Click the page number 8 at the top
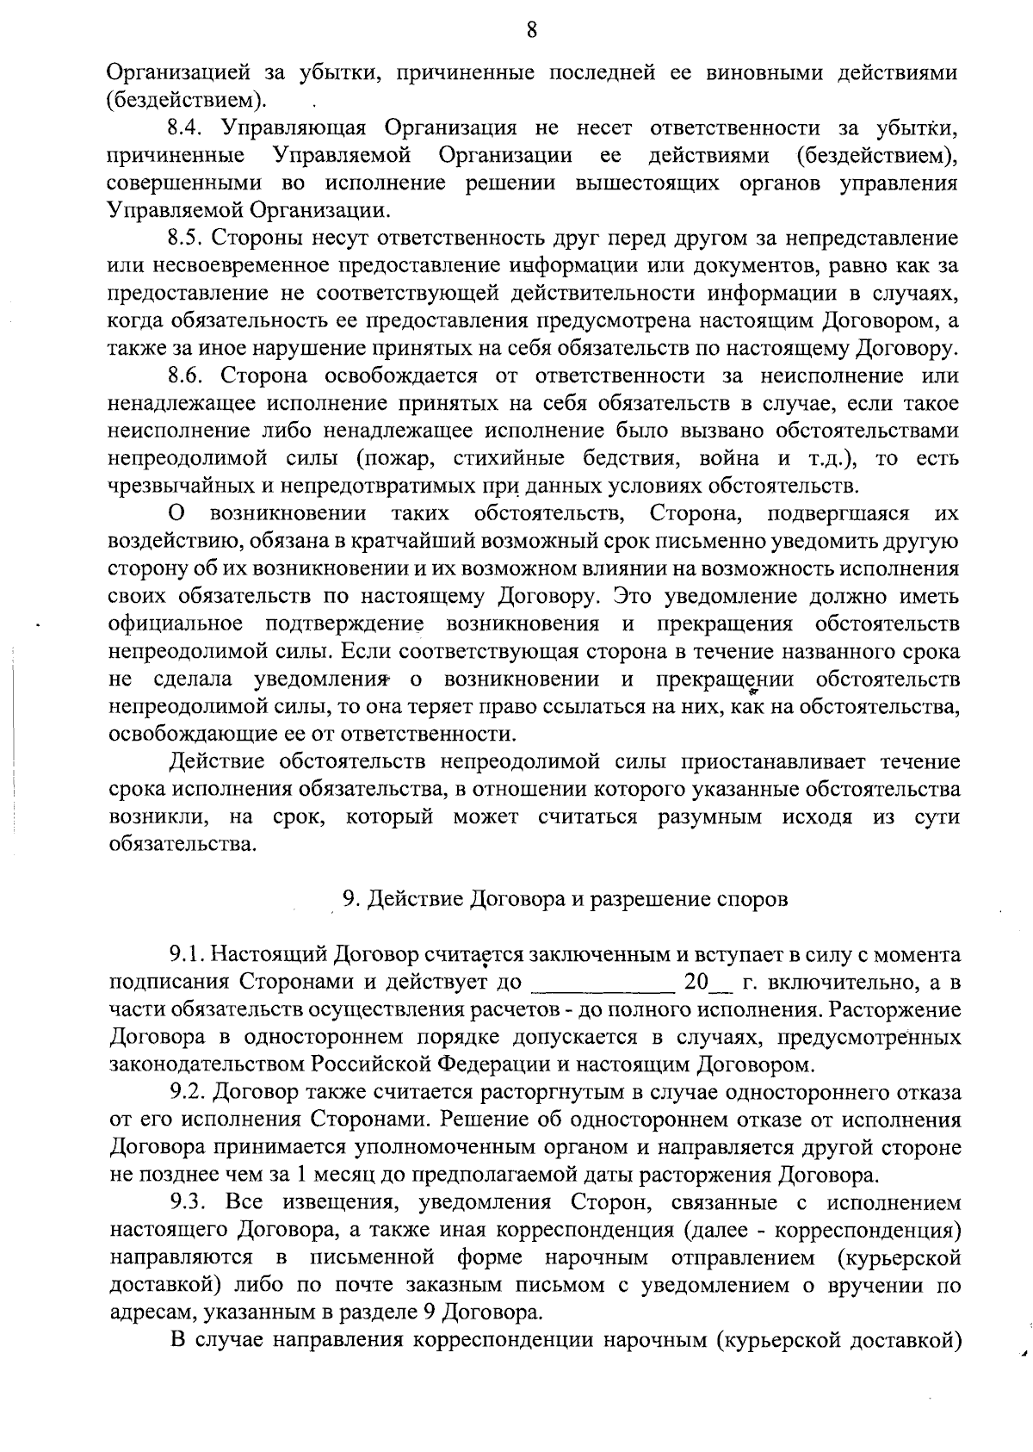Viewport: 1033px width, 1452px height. [531, 31]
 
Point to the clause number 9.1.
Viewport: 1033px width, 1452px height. [184, 954]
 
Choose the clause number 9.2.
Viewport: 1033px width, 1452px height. [186, 1093]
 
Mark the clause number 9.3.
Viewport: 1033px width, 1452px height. [184, 1202]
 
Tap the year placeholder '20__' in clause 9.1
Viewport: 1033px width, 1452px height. [706, 982]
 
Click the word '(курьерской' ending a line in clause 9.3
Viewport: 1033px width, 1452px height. [898, 1257]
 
